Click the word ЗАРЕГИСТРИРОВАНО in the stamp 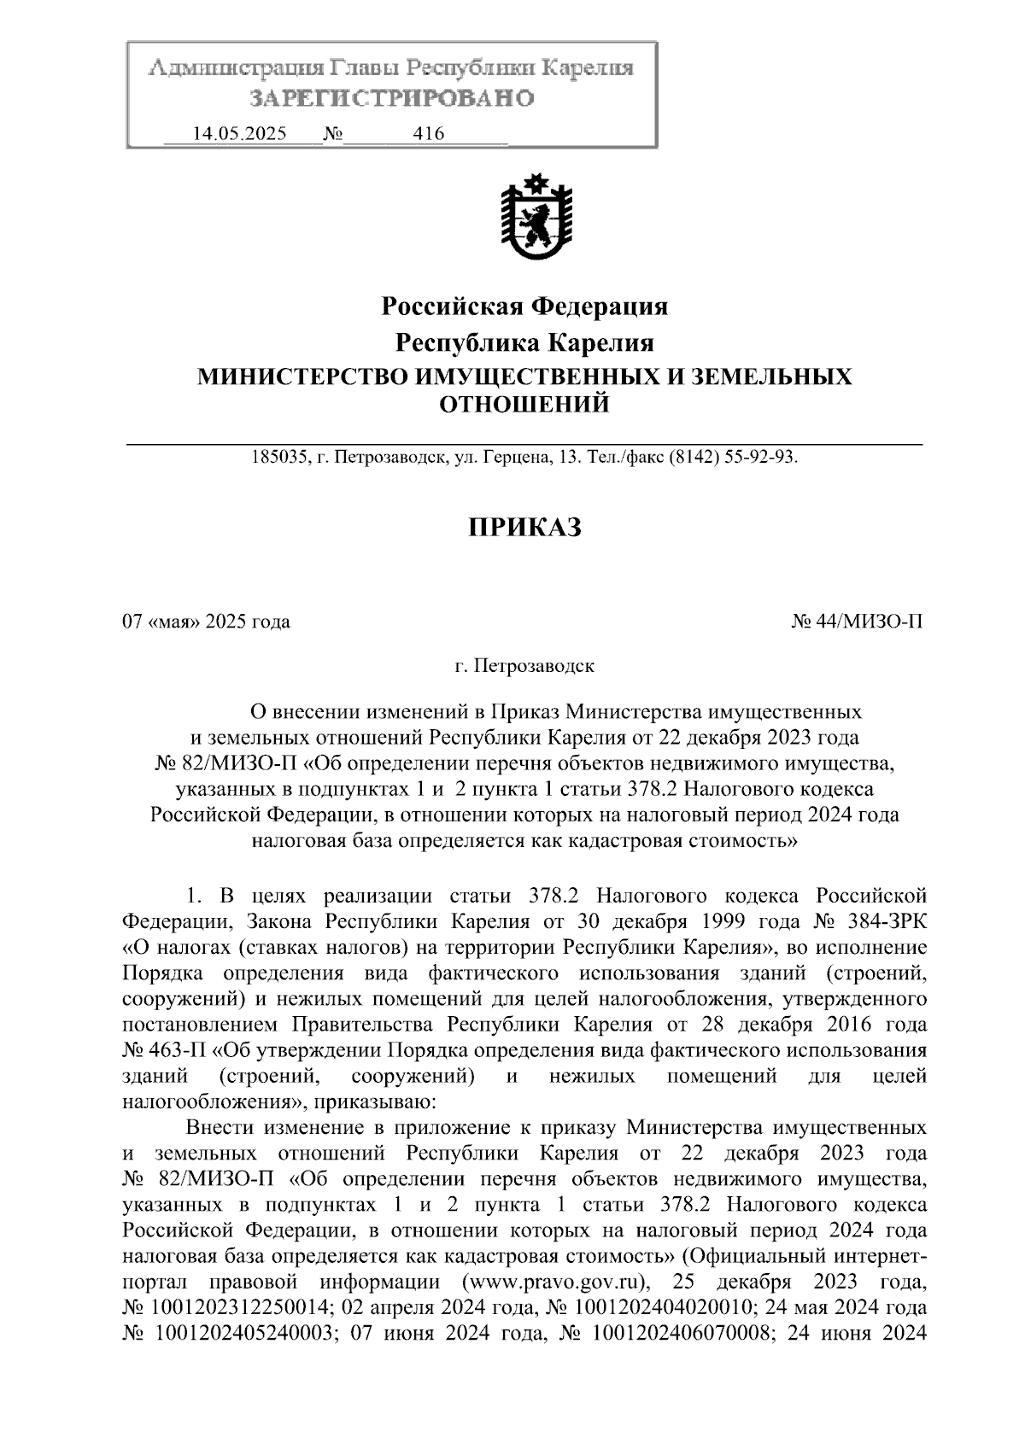(391, 98)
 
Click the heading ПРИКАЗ (524, 527)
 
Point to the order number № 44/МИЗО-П (858, 622)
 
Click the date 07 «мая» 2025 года (206, 622)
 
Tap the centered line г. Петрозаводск (524, 665)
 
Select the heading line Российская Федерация (524, 306)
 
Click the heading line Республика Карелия (524, 343)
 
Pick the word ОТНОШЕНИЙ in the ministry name (524, 404)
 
